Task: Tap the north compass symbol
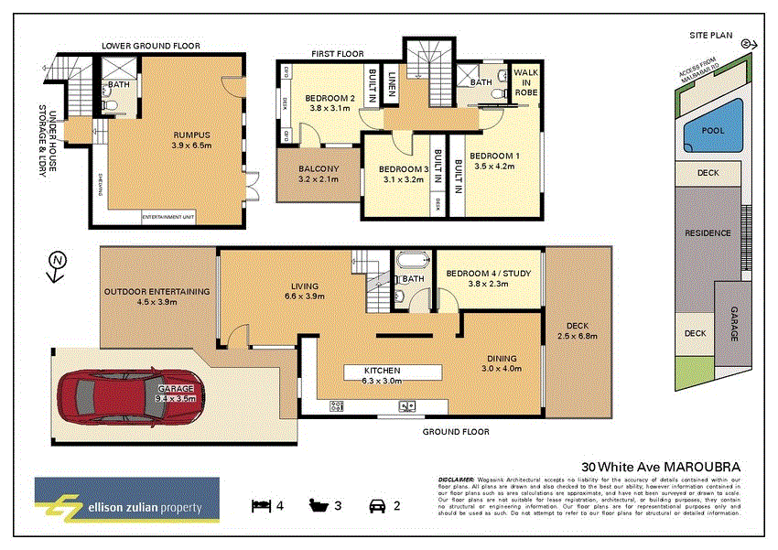pos(58,261)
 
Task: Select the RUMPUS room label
pos(192,139)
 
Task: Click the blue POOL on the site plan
pos(712,131)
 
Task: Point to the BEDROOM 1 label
pos(495,161)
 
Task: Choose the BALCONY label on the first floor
pos(318,174)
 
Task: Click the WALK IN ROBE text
pos(526,82)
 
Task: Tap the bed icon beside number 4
pos(261,505)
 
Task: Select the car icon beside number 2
pos(375,505)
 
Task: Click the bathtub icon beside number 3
pos(319,505)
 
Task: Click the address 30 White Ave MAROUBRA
pos(661,464)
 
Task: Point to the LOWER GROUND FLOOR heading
pos(151,46)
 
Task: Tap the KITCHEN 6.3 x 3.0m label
pos(393,375)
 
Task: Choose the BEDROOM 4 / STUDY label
pos(488,277)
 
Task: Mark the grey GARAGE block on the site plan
pos(733,323)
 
